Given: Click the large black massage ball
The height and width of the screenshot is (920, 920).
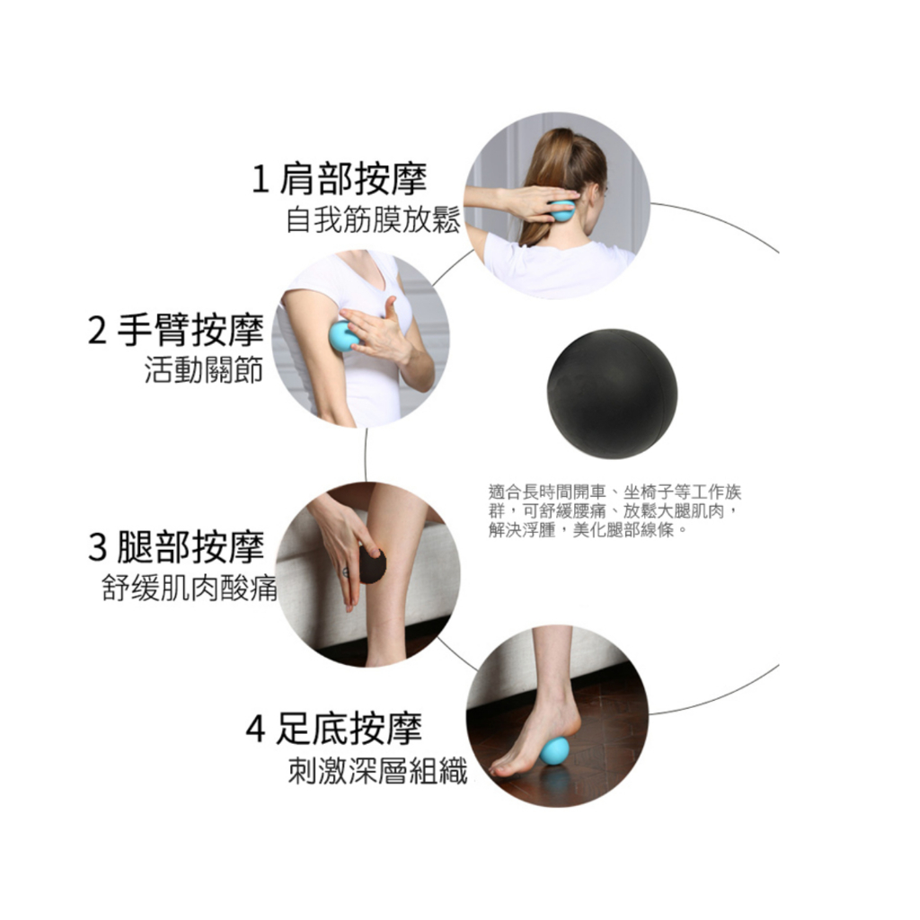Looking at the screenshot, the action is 612,394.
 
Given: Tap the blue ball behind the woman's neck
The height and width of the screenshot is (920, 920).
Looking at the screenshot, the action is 562,210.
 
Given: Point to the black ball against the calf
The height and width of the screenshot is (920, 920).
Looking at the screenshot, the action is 372,565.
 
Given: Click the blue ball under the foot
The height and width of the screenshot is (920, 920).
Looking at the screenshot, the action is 554,751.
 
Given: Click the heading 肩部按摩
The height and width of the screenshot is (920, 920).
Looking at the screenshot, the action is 353,179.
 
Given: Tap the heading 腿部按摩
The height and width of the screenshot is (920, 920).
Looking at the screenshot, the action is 190,546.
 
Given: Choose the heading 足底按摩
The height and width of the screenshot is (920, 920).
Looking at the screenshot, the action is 349,728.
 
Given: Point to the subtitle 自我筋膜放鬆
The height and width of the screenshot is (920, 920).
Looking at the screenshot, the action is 373,221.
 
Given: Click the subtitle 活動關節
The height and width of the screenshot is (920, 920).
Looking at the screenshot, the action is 204,370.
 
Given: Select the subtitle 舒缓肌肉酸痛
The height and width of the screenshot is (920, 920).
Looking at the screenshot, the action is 189,588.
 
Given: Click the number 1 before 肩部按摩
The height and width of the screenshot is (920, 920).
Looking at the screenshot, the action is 260,180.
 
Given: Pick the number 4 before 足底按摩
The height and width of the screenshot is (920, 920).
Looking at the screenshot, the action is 255,730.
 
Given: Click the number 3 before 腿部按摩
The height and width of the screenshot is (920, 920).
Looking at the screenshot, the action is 97,547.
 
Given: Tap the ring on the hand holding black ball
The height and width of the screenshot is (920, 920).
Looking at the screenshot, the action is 346,572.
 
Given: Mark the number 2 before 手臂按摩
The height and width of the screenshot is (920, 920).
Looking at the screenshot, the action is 97,331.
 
